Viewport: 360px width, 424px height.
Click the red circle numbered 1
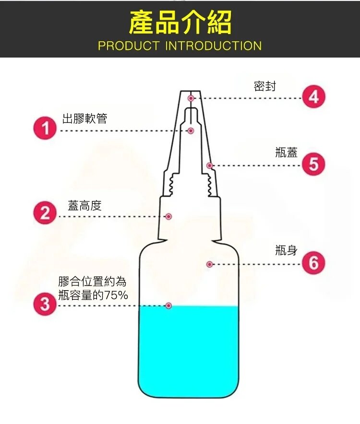point(45,128)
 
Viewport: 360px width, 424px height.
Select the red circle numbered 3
point(45,304)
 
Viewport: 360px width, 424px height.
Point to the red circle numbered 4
point(314,96)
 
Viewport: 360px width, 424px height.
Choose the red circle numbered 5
point(314,164)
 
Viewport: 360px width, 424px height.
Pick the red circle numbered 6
point(314,263)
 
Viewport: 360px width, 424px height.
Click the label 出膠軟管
point(85,118)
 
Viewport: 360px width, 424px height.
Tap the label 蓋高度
point(85,205)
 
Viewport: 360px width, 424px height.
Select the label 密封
point(265,86)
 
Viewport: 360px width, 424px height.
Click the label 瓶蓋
point(287,152)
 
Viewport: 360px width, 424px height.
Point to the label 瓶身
point(287,250)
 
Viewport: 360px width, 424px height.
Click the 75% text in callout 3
point(116,295)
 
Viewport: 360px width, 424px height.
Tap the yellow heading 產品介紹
point(180,23)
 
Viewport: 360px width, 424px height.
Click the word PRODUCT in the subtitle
point(128,46)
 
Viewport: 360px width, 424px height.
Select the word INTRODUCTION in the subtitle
point(213,46)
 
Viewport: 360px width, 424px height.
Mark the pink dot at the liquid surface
point(168,306)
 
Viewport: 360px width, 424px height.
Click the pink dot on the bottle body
point(209,264)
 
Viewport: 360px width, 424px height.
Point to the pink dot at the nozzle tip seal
point(191,98)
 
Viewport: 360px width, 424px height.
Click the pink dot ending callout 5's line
point(209,165)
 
